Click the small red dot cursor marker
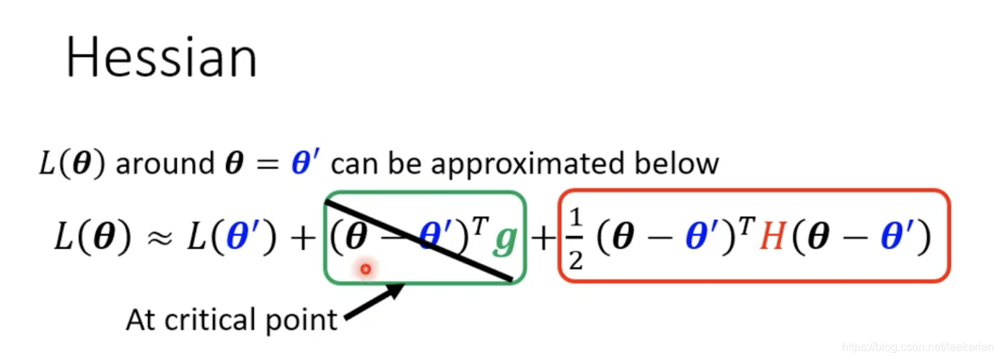pyautogui.click(x=366, y=269)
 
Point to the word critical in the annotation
pyautogui.click(x=214, y=319)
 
